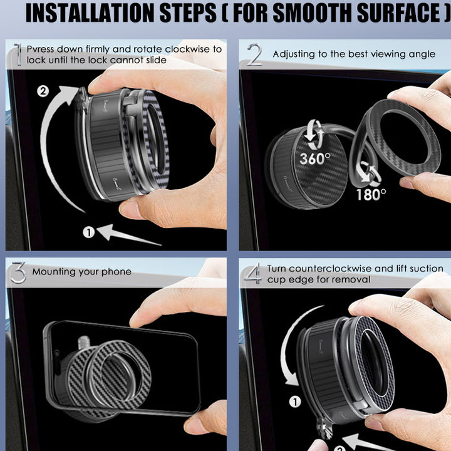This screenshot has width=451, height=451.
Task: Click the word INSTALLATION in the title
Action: coord(90,13)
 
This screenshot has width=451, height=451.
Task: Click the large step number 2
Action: coord(254,54)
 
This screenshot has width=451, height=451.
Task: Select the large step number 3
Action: coord(18,272)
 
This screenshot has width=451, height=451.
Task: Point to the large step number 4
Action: coord(253,274)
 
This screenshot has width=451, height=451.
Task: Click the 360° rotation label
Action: coord(315,158)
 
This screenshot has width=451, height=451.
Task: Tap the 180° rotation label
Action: coord(371,195)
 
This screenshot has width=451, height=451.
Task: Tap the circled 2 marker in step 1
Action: coord(43,91)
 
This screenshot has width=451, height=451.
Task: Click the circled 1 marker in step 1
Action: coord(89,232)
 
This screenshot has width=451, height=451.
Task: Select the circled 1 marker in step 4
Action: coord(295,402)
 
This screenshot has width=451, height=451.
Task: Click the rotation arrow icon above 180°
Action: coord(370,174)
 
